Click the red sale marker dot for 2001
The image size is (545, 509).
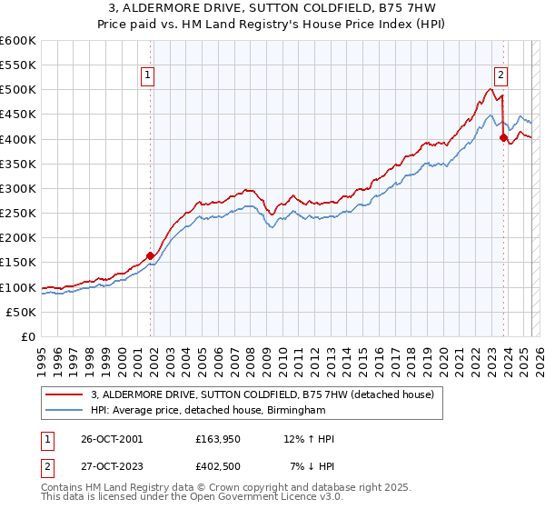pyautogui.click(x=151, y=255)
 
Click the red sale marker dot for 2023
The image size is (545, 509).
pyautogui.click(x=503, y=138)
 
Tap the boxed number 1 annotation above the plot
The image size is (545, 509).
pyautogui.click(x=147, y=76)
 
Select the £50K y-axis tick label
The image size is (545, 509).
pyautogui.click(x=21, y=312)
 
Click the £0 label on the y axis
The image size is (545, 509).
pyautogui.click(x=29, y=336)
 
